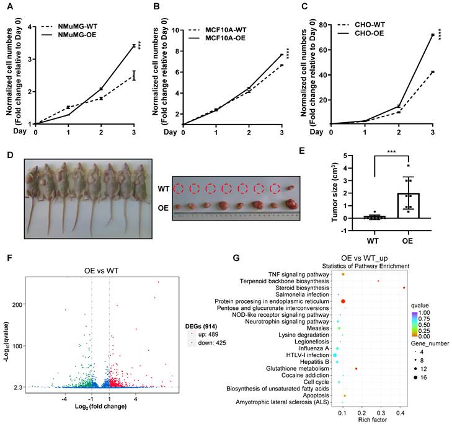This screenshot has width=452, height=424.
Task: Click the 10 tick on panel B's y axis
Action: click(x=176, y=29)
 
